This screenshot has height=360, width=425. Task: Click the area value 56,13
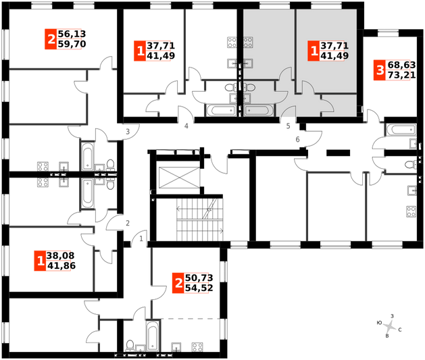click(x=72, y=34)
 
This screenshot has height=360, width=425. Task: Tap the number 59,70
click(x=72, y=44)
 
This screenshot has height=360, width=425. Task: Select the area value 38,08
click(x=60, y=255)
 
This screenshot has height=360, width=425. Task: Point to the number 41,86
click(x=61, y=265)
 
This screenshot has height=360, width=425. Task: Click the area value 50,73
click(x=199, y=278)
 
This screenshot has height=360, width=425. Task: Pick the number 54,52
click(x=199, y=288)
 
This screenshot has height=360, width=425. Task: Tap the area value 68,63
click(x=402, y=65)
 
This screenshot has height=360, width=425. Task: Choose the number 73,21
click(x=402, y=75)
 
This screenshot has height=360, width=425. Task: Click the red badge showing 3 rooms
click(x=380, y=70)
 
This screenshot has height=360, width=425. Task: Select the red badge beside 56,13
click(x=51, y=39)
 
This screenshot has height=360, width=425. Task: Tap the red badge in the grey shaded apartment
click(x=314, y=51)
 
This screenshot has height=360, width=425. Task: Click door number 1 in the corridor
click(x=141, y=239)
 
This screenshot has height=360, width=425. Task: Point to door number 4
click(x=186, y=126)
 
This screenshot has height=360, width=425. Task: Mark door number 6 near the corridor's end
click(x=297, y=140)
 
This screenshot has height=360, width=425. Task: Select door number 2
click(x=128, y=223)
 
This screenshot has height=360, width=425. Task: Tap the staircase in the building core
click(x=200, y=220)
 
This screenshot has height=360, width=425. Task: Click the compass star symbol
click(x=390, y=326)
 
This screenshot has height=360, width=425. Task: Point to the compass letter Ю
click(x=379, y=323)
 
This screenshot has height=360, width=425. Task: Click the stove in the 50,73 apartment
click(x=197, y=347)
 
